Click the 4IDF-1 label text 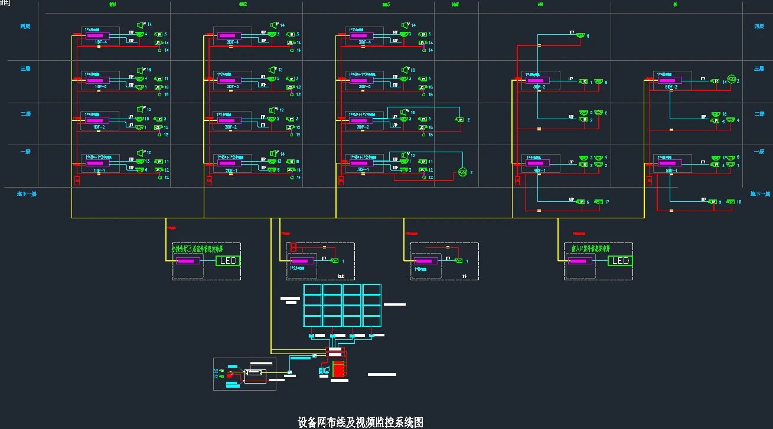point(536,171)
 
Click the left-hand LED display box point(228,261)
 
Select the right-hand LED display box point(620,261)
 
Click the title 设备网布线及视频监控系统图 point(360,422)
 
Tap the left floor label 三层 point(25,69)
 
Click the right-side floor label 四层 point(759,27)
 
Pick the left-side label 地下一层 point(27,194)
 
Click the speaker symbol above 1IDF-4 point(142,25)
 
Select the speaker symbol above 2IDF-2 point(273,110)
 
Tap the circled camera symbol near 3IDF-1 point(462,172)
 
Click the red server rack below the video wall point(338,369)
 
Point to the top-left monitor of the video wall point(312,290)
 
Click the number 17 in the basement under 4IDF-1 point(606,202)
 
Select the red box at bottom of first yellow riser point(77,180)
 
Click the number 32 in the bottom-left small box point(216,371)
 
